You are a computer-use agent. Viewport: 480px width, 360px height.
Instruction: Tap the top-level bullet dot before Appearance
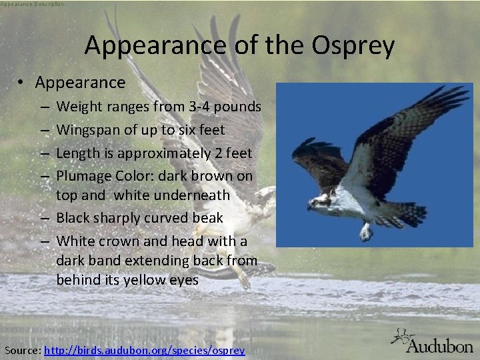22,83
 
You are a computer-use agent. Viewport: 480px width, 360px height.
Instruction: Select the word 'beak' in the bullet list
208,218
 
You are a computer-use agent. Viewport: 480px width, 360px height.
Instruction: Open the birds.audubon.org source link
144,350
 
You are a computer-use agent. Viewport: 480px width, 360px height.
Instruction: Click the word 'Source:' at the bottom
22,350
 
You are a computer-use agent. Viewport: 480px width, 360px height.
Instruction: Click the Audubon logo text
439,345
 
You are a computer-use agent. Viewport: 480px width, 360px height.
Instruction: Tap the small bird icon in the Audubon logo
402,337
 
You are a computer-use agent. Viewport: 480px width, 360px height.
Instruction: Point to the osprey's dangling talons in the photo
365,231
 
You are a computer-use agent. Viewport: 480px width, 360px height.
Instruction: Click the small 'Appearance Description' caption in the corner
33,4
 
